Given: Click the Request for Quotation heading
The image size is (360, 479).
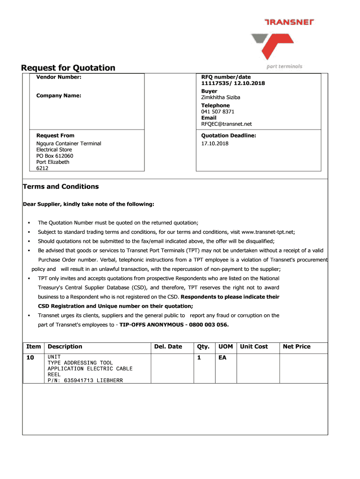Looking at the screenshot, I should (x=68, y=68).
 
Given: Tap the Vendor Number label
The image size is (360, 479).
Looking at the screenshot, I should (x=59, y=77).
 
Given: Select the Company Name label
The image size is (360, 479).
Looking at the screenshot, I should (x=59, y=95).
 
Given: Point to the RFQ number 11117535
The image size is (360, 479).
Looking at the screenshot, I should (x=213, y=83).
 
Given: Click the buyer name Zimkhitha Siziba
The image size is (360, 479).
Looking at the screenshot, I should (x=221, y=97).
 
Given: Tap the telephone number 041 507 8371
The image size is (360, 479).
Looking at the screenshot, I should (x=218, y=112).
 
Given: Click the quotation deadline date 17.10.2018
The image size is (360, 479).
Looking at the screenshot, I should (x=215, y=143).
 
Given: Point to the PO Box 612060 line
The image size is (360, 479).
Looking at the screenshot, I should (x=55, y=156).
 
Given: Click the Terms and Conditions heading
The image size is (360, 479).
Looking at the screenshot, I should (x=61, y=187).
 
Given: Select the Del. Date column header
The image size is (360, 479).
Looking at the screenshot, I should (x=168, y=347).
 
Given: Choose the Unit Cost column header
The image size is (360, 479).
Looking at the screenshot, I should (x=254, y=347).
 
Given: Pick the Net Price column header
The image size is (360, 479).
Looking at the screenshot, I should (x=296, y=347).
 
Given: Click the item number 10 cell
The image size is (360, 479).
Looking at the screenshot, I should (x=30, y=357).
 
